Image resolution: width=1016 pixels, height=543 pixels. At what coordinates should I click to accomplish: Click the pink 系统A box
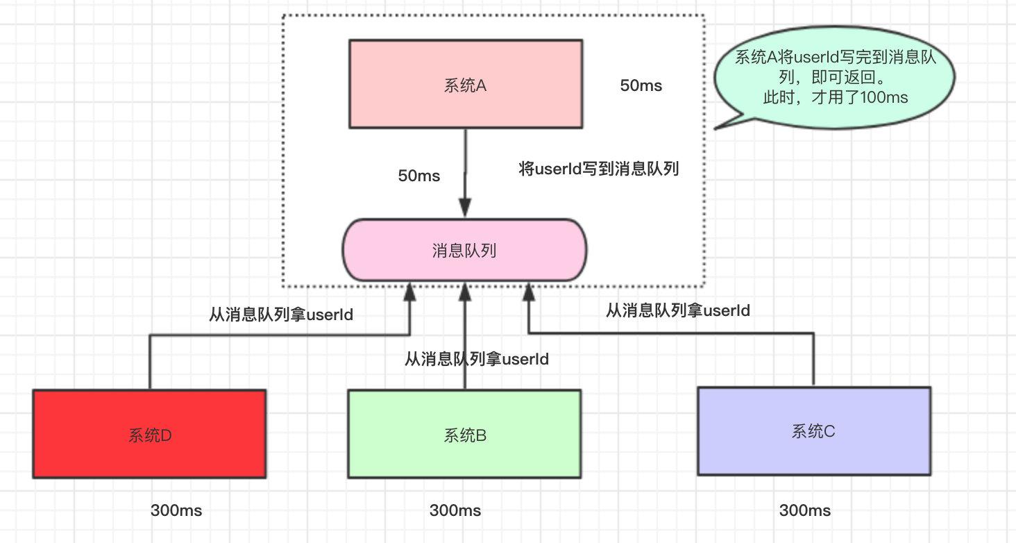click(x=465, y=84)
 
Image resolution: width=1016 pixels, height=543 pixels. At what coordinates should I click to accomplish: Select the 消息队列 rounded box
click(x=464, y=251)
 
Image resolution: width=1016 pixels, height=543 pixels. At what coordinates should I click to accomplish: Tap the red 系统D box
click(x=149, y=434)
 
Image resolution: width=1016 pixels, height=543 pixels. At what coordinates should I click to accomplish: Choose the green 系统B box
click(x=464, y=434)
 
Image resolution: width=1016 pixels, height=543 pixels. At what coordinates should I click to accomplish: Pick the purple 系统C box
click(x=813, y=431)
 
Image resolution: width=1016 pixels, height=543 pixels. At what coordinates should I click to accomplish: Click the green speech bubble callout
click(x=836, y=77)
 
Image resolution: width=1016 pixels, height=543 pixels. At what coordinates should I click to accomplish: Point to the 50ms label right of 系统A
click(x=641, y=85)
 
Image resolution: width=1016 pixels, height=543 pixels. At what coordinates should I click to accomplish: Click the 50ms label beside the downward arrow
click(x=418, y=176)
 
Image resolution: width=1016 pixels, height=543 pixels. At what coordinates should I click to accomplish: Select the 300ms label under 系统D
click(x=176, y=510)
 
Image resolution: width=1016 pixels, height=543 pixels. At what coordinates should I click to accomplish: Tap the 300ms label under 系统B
click(x=455, y=510)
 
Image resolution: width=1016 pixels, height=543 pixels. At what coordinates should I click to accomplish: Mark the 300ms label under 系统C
click(x=805, y=510)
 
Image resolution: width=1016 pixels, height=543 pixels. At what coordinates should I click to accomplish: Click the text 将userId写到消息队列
click(x=598, y=169)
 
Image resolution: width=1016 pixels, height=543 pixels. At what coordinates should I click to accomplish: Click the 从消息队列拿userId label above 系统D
click(x=281, y=315)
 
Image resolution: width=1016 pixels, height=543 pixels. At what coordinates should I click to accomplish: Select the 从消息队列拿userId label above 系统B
click(x=477, y=359)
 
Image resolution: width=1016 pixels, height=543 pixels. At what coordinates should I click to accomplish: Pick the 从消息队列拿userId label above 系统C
click(x=678, y=310)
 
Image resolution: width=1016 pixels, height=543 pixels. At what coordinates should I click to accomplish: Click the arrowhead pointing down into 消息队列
click(x=465, y=208)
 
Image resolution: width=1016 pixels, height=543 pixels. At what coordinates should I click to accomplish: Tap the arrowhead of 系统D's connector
click(x=410, y=291)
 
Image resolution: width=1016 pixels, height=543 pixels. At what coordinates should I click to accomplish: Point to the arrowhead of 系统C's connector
click(x=528, y=291)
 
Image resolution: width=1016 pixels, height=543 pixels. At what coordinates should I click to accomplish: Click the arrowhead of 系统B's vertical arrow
click(x=465, y=291)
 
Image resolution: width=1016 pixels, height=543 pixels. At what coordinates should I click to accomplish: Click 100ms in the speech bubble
click(x=883, y=97)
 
